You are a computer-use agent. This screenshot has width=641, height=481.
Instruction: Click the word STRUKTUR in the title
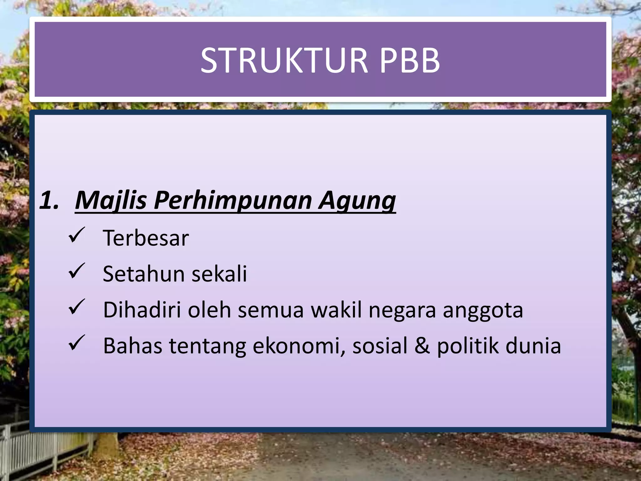284,60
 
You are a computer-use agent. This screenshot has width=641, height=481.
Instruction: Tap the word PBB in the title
410,60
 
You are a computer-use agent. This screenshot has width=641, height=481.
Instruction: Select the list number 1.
49,200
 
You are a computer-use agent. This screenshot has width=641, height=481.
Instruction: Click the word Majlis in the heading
111,200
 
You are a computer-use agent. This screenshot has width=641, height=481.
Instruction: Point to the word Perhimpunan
233,200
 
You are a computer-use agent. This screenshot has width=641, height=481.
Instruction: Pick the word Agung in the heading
357,200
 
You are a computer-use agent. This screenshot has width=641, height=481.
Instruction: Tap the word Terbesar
146,238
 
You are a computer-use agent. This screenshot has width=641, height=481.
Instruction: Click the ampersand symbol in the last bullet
422,346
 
